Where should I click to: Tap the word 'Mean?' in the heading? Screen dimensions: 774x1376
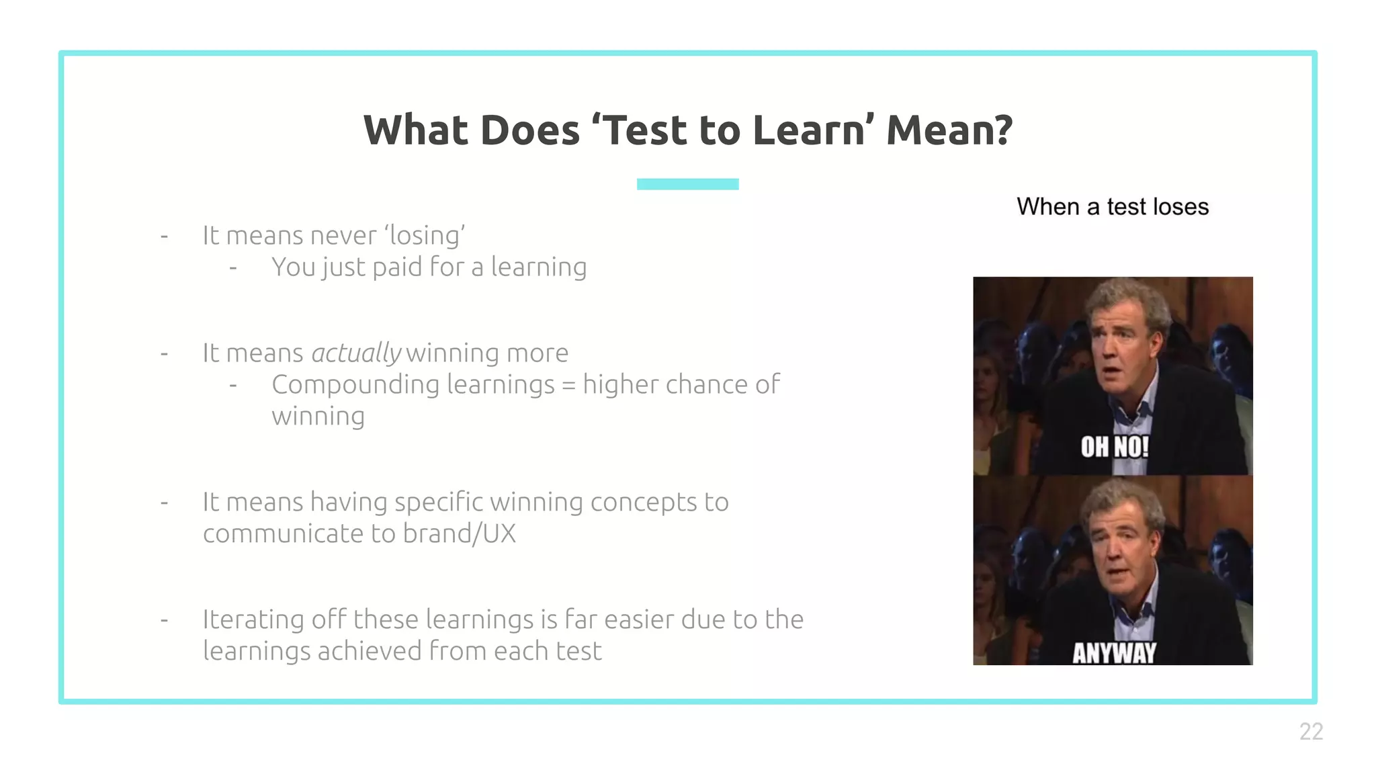(x=949, y=130)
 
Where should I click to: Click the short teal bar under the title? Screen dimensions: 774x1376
(x=687, y=184)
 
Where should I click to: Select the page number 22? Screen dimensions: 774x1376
(x=1311, y=731)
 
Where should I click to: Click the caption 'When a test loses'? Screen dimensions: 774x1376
(x=1112, y=207)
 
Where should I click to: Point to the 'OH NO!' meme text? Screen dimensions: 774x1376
(x=1114, y=447)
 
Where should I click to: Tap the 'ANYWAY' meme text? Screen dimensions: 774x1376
(x=1114, y=652)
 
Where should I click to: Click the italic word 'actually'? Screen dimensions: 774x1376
(x=356, y=353)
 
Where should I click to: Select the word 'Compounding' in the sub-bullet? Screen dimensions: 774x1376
(x=355, y=385)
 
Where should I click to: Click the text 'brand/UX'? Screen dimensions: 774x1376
(x=459, y=533)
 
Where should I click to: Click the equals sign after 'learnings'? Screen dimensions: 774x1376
(x=568, y=386)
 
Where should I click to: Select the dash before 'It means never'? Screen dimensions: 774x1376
(x=164, y=236)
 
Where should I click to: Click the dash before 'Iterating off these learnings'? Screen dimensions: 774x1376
(x=164, y=619)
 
